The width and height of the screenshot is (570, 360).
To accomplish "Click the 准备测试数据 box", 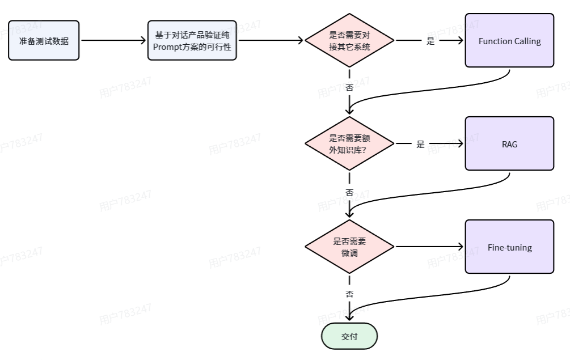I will tap(44, 40).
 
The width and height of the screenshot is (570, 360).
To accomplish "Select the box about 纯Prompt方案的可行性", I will tap(192, 40).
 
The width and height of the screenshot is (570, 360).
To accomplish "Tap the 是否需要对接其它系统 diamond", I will tap(349, 41).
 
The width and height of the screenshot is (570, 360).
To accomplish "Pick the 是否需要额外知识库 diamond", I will tap(349, 143).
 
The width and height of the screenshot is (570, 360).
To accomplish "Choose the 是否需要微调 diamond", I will tap(349, 247).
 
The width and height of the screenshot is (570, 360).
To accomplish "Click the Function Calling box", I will tap(509, 41).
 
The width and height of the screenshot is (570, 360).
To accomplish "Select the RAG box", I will tap(509, 143).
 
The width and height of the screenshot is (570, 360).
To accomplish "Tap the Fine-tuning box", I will tap(509, 247).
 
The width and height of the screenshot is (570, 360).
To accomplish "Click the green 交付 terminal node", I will tap(349, 336).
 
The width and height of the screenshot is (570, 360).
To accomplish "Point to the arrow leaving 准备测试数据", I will tap(113, 41).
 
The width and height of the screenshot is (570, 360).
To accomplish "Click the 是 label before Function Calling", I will tap(430, 41).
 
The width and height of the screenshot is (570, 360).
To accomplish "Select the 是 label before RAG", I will tap(420, 144).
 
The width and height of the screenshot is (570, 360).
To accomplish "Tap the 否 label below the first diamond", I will tap(349, 88).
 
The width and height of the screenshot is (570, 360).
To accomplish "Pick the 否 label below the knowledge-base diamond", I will tap(349, 192).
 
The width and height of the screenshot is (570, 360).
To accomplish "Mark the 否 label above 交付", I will tap(349, 294).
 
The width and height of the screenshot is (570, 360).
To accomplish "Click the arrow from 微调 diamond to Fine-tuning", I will tap(429, 247).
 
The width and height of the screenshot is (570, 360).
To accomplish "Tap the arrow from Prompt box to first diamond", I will tap(271, 41).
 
